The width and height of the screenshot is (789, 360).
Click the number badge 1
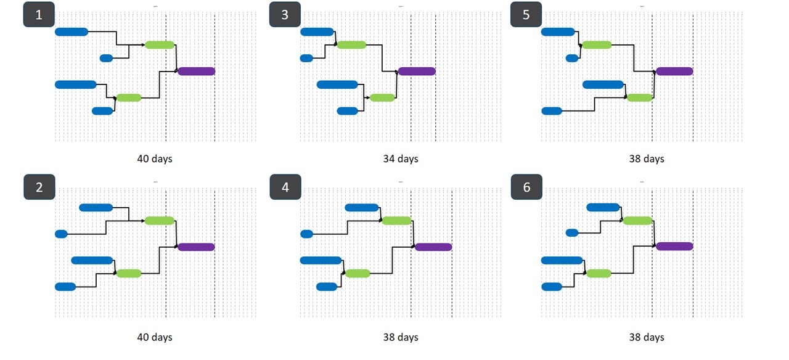click(39, 15)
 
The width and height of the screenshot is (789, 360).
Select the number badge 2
click(39, 187)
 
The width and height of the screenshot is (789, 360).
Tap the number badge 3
click(284, 15)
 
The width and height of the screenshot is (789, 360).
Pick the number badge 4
click(285, 187)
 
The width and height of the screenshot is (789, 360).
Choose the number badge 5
click(526, 15)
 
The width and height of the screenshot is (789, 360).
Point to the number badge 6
click(526, 187)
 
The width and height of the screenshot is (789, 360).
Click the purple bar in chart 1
click(197, 71)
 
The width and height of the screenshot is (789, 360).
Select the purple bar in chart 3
click(417, 71)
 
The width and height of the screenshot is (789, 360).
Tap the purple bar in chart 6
click(674, 247)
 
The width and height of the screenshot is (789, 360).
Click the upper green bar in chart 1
click(160, 44)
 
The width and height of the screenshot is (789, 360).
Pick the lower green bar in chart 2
click(129, 273)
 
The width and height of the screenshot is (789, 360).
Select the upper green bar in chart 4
click(396, 221)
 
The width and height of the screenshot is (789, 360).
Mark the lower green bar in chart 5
click(639, 97)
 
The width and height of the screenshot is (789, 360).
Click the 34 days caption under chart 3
click(400, 159)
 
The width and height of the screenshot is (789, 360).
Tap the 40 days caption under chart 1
click(155, 159)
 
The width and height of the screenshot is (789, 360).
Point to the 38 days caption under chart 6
click(646, 337)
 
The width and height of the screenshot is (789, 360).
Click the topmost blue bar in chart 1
click(72, 31)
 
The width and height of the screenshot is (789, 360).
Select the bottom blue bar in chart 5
click(552, 111)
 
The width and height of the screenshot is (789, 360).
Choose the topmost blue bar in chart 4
click(362, 207)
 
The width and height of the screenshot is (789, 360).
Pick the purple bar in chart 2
click(197, 247)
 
